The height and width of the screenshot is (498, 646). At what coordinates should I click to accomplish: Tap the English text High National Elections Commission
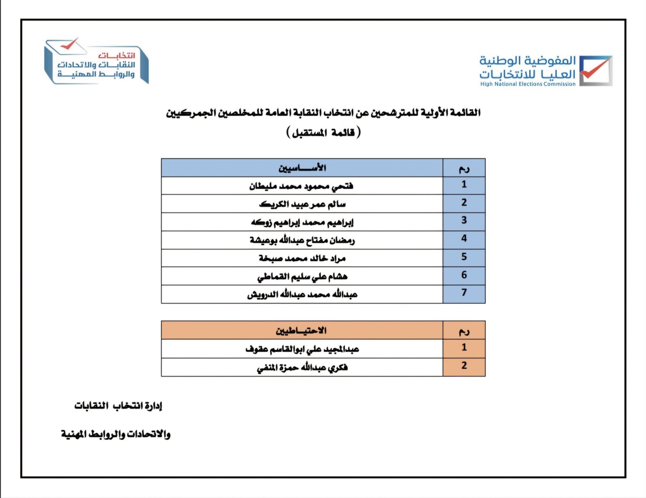tap(528, 84)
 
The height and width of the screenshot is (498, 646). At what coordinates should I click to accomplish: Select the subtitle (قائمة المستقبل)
tap(323, 132)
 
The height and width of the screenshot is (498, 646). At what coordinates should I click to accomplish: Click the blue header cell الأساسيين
tap(302, 167)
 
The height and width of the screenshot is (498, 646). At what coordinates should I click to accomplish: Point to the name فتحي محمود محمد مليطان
tap(301, 186)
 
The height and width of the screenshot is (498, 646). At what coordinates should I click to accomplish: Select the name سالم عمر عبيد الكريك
tap(302, 204)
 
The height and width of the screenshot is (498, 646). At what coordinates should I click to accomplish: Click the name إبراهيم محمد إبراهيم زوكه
tap(302, 222)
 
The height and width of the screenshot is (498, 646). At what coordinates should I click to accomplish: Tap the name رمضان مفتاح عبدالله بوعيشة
tap(302, 240)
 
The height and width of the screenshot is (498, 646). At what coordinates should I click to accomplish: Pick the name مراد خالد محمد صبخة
tap(302, 258)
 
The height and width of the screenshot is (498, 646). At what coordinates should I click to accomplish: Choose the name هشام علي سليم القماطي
tap(302, 277)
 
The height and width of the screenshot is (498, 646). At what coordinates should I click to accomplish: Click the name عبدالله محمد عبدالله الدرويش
tap(302, 295)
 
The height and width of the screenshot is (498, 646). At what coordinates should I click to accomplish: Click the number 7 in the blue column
tap(464, 293)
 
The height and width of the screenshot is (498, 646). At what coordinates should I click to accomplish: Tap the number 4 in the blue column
tap(464, 238)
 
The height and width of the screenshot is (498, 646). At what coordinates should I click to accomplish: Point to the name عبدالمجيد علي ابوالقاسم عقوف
tap(302, 349)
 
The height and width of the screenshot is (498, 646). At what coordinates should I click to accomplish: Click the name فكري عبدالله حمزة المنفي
tap(302, 367)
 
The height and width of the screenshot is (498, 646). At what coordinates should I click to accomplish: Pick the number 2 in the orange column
tap(464, 366)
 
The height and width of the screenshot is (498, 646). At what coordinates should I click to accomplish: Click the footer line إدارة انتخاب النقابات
tap(118, 406)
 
